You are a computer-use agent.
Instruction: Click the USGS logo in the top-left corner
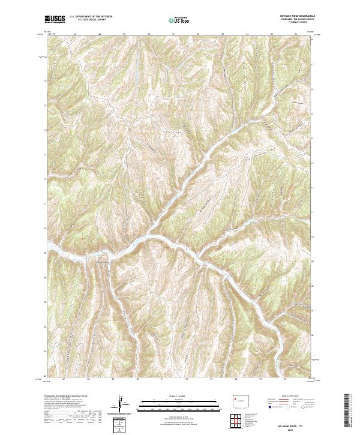(55, 19)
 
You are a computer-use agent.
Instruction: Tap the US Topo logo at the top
(179, 20)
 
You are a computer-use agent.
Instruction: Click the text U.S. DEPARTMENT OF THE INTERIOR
(91, 17)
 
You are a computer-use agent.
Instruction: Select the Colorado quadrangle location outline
(236, 400)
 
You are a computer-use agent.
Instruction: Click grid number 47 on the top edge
(74, 34)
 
